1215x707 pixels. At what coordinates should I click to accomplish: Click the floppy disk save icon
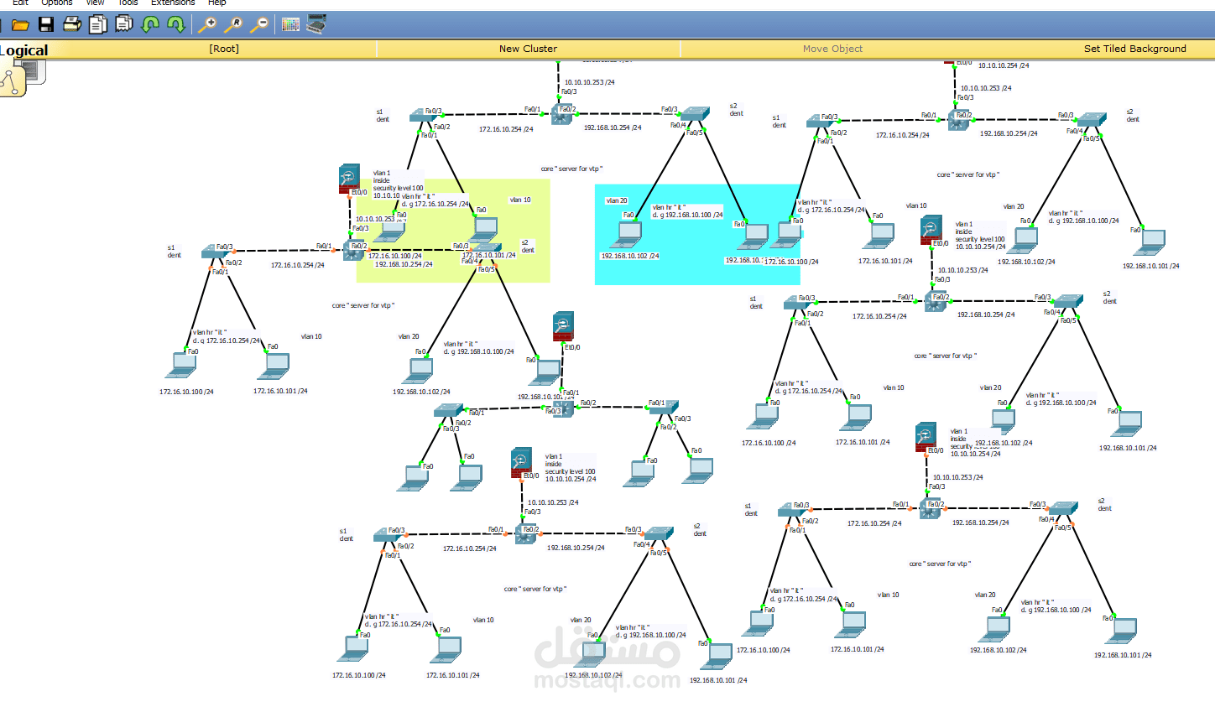point(46,24)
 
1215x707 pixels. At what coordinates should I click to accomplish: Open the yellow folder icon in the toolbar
point(20,25)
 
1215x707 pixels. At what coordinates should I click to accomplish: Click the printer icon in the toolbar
point(72,24)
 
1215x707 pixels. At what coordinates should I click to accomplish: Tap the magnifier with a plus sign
point(207,24)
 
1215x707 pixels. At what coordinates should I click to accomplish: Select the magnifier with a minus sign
point(259,24)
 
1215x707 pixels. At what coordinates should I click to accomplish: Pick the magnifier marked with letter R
point(233,24)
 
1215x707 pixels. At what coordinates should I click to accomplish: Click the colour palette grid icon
point(290,24)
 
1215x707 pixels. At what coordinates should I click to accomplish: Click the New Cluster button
point(528,49)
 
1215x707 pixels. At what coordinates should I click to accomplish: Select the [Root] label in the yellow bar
point(224,49)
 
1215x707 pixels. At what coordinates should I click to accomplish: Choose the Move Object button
point(832,49)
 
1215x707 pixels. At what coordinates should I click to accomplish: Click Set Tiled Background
point(1134,49)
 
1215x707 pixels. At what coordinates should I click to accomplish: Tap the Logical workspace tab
point(24,50)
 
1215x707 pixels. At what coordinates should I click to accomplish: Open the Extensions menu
point(173,3)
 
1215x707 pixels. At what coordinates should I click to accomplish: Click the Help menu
point(217,3)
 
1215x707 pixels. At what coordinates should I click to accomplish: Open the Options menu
point(57,3)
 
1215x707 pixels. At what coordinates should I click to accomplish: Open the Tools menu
point(128,3)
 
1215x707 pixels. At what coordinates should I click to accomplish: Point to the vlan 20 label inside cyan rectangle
point(617,200)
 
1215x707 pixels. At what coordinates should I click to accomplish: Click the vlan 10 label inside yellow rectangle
point(520,200)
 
